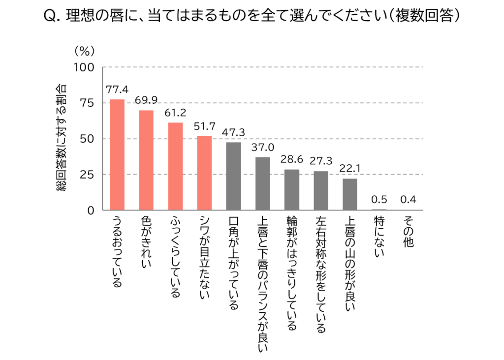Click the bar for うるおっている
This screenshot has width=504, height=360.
[117, 155]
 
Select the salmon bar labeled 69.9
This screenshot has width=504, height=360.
[146, 160]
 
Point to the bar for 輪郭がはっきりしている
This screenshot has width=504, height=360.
[292, 190]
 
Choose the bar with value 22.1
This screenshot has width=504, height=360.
[350, 194]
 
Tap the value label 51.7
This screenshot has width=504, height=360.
[204, 126]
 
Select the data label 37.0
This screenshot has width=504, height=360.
[263, 148]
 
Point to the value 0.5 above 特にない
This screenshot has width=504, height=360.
[379, 200]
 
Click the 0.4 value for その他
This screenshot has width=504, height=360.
[408, 200]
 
